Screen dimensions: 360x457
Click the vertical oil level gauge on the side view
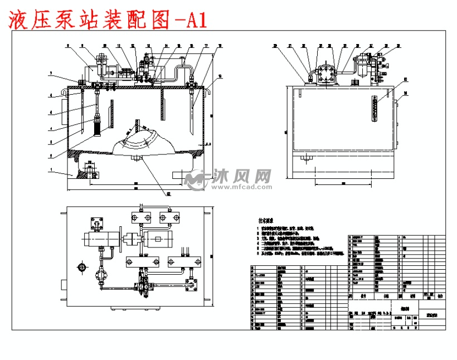[375, 108]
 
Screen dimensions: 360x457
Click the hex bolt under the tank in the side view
[305, 159]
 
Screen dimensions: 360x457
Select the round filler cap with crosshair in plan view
[82, 268]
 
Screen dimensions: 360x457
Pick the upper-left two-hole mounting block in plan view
[138, 216]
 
